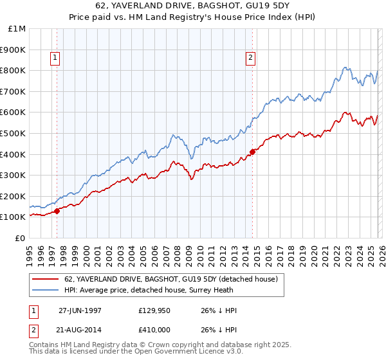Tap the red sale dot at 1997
(57, 210)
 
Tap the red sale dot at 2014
(252, 152)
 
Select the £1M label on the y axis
(17, 29)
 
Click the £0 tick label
(21, 238)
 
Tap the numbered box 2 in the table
(33, 330)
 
